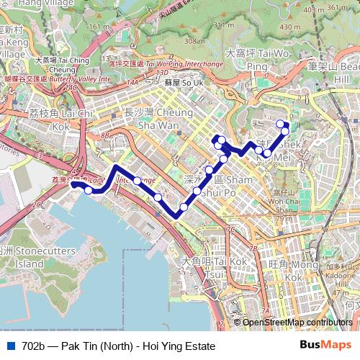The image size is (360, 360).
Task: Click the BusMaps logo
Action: click(x=325, y=345)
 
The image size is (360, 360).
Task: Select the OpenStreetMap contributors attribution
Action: click(x=297, y=323)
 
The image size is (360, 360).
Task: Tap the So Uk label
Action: click(x=174, y=83)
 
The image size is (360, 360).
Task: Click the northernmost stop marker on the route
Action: click(x=280, y=124)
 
